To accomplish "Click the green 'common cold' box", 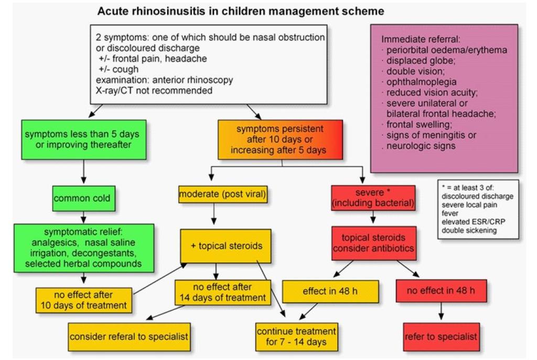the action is tap(83, 199).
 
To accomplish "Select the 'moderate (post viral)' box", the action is tap(222, 194).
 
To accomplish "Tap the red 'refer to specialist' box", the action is tap(441, 337).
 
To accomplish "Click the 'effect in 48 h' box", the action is tap(330, 291).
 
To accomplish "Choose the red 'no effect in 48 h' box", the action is tap(441, 291).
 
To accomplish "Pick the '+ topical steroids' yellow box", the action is tap(225, 246).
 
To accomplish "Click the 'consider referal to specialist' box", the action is tap(129, 337).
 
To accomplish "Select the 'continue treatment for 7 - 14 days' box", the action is tap(297, 337).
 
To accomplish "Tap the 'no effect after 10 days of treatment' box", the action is tap(83, 300).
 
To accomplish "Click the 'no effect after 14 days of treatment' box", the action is tap(222, 292).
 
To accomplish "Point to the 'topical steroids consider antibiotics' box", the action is tap(373, 243).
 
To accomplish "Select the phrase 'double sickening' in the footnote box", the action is tap(469, 230).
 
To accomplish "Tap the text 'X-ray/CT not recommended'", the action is tap(154, 91).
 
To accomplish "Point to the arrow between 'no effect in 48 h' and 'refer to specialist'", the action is tap(441, 311).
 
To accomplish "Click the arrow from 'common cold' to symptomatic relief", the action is tap(83, 217).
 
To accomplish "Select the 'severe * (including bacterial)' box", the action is tap(373, 198).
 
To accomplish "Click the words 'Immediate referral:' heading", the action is tap(421, 39).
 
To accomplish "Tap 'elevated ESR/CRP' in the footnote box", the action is tap(474, 222).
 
